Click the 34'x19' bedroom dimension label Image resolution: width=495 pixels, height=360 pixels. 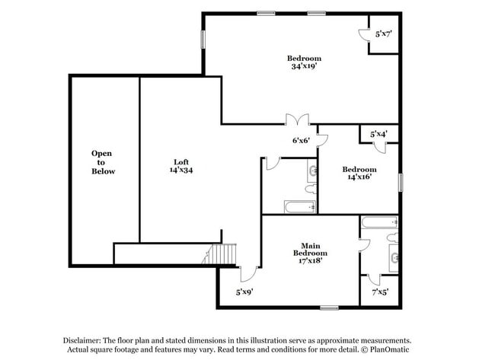click(x=303, y=66)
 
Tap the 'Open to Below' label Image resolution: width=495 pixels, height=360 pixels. click(x=103, y=162)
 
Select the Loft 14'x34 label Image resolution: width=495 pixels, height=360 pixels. click(x=180, y=166)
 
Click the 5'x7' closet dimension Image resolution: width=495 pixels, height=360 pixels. click(x=383, y=33)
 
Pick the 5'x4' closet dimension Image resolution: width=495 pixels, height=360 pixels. click(x=378, y=134)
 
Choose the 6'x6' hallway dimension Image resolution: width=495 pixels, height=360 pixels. click(x=301, y=140)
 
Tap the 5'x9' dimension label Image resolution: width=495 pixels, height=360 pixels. click(x=244, y=292)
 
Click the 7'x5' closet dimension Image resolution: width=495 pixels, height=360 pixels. click(x=379, y=292)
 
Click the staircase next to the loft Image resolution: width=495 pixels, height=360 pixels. click(x=221, y=254)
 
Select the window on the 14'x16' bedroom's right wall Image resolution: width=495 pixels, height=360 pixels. click(x=399, y=183)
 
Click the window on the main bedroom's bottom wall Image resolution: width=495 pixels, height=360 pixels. click(x=329, y=307)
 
